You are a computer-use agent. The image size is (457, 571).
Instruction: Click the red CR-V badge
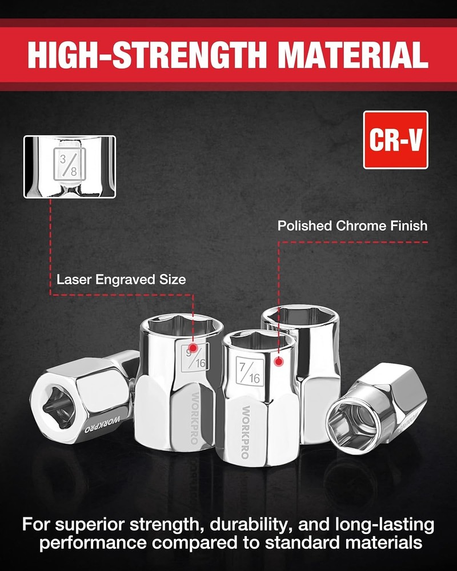point(395,140)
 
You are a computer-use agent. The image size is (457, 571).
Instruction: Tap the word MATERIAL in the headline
point(353,55)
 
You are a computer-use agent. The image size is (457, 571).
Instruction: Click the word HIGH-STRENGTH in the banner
point(147,55)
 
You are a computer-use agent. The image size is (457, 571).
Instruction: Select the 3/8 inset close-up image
point(70,167)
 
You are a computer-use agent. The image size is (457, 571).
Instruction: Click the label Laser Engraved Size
point(121,280)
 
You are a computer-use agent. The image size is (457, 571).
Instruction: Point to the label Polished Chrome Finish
point(352,226)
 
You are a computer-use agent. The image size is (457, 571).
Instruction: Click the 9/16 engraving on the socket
point(195,358)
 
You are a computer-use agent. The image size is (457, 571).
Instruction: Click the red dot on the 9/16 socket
point(193,348)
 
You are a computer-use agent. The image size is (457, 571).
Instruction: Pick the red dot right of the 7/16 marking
point(279,361)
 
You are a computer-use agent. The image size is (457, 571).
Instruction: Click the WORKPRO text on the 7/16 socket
point(245,432)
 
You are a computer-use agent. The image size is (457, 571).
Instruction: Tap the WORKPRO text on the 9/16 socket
point(194,418)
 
